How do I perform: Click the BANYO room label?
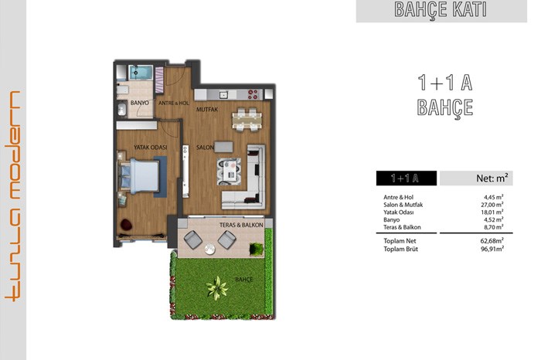140,103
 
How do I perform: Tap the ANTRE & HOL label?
174,103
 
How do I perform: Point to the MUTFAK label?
207,109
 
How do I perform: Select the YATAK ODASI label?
151,148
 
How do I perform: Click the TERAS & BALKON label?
241,225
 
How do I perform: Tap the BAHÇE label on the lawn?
244,280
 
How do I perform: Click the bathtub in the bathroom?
141,73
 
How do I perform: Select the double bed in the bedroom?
139,176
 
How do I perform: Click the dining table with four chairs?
247,120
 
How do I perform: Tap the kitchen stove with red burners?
253,94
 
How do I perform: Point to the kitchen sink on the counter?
223,94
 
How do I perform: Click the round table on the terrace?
209,249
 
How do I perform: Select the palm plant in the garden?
217,287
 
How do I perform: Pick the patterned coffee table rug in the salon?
229,172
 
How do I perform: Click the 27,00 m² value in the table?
493,205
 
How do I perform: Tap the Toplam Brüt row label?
400,249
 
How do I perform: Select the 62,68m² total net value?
492,241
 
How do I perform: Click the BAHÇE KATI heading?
441,9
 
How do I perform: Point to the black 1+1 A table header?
406,178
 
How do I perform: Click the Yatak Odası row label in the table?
399,212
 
